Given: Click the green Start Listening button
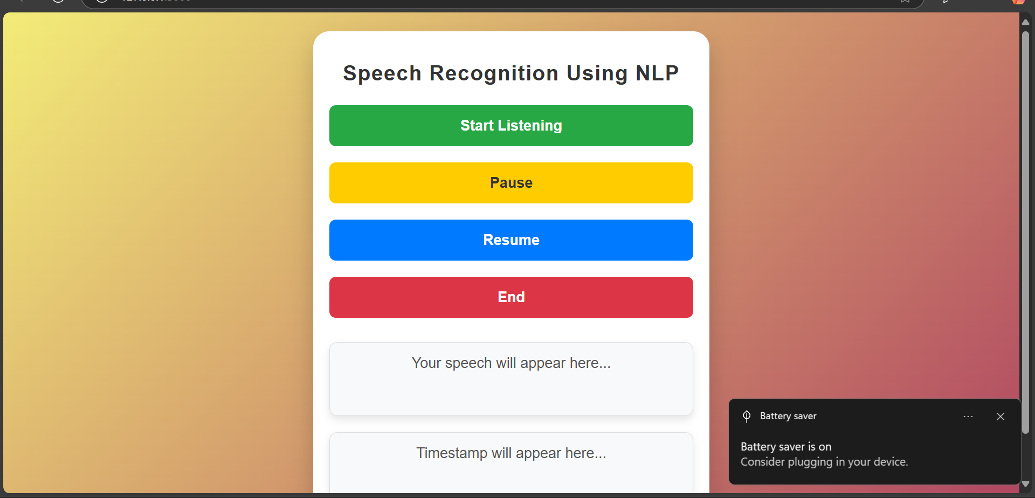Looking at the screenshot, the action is pyautogui.click(x=511, y=126).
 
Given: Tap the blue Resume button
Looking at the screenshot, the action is pyautogui.click(x=511, y=240).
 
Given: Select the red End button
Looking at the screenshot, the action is pyautogui.click(x=511, y=297).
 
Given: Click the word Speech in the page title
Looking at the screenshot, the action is pyautogui.click(x=382, y=74).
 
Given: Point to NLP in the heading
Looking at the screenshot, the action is pyautogui.click(x=657, y=73).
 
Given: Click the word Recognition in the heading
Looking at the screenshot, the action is pyautogui.click(x=494, y=74).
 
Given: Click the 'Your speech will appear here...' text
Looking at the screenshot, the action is pyautogui.click(x=511, y=363).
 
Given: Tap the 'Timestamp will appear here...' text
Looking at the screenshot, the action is pyautogui.click(x=511, y=453).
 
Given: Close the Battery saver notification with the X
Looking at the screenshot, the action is pyautogui.click(x=1000, y=417).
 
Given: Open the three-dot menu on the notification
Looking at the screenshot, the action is pyautogui.click(x=968, y=417).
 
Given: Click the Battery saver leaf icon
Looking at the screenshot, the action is pyautogui.click(x=747, y=416).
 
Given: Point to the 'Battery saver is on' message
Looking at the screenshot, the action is pyautogui.click(x=786, y=447).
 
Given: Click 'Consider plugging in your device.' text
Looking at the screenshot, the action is pyautogui.click(x=824, y=462).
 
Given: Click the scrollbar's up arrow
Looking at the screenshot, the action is pyautogui.click(x=1026, y=22).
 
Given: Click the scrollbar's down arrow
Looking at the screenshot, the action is pyautogui.click(x=1026, y=484).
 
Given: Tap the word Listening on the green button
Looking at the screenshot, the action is pyautogui.click(x=530, y=126).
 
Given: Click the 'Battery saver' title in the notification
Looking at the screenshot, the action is pyautogui.click(x=788, y=416).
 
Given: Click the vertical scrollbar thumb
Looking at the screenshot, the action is pyautogui.click(x=1026, y=232).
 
